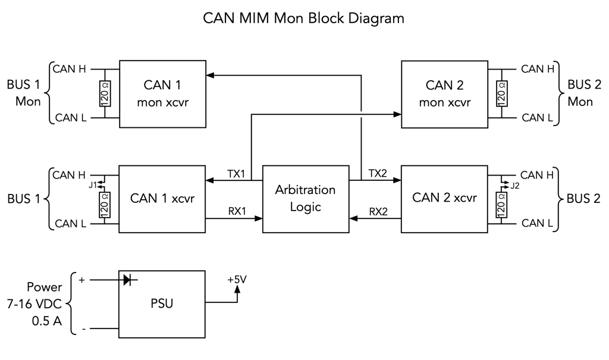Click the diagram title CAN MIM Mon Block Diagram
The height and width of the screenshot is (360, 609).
tap(304, 18)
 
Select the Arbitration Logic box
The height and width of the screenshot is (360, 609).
tap(306, 199)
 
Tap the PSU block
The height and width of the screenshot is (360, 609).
tap(162, 303)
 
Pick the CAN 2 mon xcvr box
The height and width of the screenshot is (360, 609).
tap(444, 93)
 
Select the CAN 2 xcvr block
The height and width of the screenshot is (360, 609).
tap(444, 198)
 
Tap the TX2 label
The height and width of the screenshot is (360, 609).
tap(378, 173)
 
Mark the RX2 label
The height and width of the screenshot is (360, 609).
tap(379, 211)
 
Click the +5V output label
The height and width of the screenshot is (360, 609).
tap(237, 279)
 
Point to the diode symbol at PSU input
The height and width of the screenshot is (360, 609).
tap(127, 279)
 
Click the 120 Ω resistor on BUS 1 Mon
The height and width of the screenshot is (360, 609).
tap(105, 93)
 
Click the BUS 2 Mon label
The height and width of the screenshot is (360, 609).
tap(580, 93)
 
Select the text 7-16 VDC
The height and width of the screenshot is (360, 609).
tap(34, 303)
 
